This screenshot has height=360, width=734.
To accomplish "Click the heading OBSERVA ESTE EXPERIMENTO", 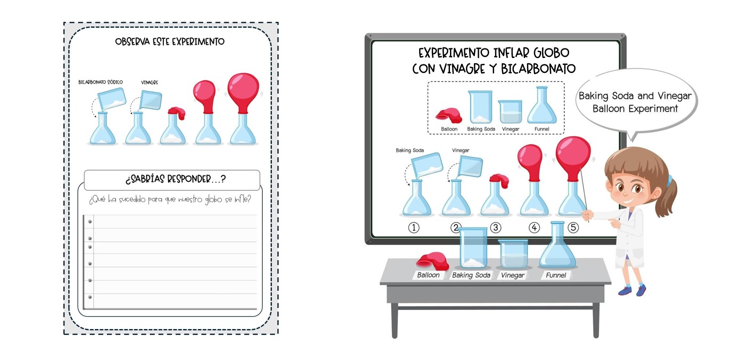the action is point(170,41).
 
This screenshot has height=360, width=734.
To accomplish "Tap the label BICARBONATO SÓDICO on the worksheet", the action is point(101,82).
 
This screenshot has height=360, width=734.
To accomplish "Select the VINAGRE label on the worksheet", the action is point(149,82).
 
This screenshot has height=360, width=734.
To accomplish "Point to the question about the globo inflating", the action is point(170,199).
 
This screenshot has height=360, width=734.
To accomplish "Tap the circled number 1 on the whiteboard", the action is point(414,228).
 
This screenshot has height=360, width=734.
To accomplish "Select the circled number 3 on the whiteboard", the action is point(496,228).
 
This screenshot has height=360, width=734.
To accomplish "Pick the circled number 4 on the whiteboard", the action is point(534,228).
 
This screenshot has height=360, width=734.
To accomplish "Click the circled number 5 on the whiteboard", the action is point(573,228).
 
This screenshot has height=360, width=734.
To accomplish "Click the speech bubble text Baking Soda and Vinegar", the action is point(635,96).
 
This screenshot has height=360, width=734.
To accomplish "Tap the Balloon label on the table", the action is point(428,275).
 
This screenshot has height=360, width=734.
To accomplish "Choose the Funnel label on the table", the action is point(556,275).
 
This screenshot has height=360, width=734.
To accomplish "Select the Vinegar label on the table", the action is point(513,275).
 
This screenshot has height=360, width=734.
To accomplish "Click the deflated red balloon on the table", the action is point(432,261).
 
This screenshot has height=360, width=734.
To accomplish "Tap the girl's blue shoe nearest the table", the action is point(625,290).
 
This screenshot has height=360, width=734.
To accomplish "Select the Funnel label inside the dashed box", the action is point(541,129).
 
